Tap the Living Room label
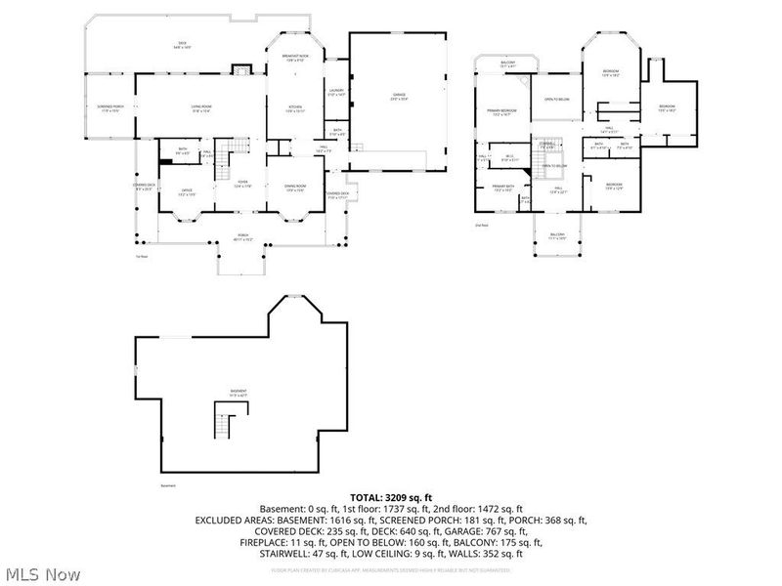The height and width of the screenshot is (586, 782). click(202, 108)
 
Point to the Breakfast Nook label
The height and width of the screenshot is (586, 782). click(295, 59)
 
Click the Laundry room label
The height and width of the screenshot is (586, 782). click(336, 93)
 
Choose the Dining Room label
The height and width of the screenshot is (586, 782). click(295, 188)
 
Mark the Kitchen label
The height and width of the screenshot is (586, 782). click(295, 108)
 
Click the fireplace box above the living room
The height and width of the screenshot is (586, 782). click(239, 69)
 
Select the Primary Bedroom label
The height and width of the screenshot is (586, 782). click(501, 113)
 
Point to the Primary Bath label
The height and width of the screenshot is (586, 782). click(503, 188)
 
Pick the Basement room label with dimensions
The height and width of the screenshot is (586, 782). click(239, 393)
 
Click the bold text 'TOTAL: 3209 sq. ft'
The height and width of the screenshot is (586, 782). click(391, 497)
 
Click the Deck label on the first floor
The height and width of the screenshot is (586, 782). click(182, 44)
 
